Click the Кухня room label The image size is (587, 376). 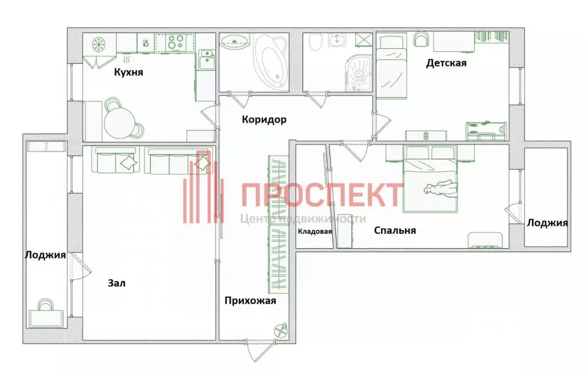(128, 73)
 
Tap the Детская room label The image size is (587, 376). (446, 63)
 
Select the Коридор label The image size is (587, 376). (264, 120)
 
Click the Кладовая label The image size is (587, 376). (315, 232)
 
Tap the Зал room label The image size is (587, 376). (116, 283)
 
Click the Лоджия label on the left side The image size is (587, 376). (45, 255)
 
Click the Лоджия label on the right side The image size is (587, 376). (547, 223)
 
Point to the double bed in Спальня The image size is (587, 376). (431, 179)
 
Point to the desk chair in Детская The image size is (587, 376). (422, 39)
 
